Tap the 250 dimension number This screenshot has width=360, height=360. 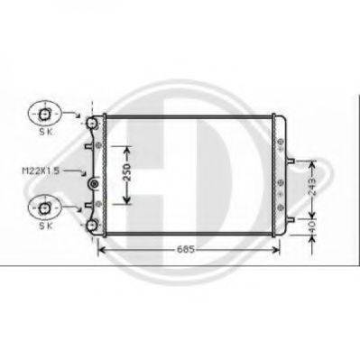[127, 172]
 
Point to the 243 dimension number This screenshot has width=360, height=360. [312, 187]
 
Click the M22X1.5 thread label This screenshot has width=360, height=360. [41, 171]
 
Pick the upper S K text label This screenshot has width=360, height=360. [46, 132]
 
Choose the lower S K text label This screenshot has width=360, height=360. [46, 226]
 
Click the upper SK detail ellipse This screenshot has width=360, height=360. [45, 114]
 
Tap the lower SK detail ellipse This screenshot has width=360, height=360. [45, 207]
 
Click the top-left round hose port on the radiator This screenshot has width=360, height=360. [91, 123]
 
